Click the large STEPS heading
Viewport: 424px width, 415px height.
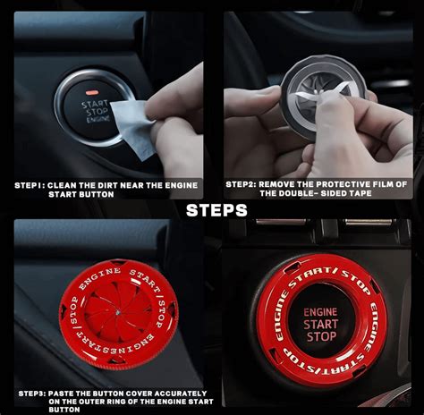click(x=216, y=210)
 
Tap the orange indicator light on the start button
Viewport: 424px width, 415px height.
click(x=92, y=92)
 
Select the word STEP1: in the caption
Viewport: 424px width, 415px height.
click(x=30, y=185)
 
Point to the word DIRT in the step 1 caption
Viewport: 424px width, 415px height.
click(x=108, y=185)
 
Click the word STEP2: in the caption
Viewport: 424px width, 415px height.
click(x=241, y=184)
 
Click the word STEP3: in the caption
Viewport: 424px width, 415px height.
click(x=31, y=394)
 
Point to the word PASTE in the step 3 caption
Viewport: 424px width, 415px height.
click(x=61, y=394)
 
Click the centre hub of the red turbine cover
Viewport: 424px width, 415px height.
click(x=118, y=312)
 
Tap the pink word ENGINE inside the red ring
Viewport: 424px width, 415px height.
click(x=320, y=312)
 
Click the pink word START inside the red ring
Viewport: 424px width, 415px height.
click(x=320, y=324)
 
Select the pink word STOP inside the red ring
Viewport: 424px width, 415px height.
click(x=321, y=336)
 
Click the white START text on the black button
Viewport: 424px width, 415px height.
click(x=95, y=104)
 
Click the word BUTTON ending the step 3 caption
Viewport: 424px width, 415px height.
click(x=64, y=410)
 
